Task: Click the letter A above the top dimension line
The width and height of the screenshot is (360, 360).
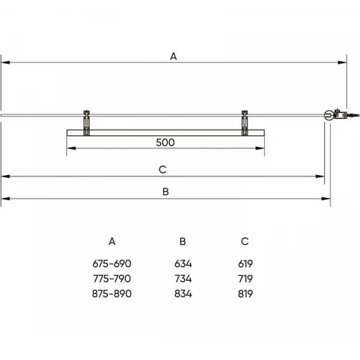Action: [174, 56]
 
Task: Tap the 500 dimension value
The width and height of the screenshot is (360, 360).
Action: [165, 143]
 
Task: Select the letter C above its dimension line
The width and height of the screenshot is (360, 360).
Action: [163, 170]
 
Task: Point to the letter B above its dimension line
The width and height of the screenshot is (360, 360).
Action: [166, 192]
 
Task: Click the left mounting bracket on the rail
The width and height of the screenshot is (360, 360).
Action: [86, 122]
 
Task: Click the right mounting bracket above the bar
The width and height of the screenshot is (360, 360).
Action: [245, 122]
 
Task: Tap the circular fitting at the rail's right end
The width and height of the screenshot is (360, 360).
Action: [328, 115]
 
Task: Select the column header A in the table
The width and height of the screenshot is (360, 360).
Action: [112, 241]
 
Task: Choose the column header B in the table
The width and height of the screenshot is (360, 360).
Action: [183, 241]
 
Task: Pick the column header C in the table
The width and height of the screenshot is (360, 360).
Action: [245, 241]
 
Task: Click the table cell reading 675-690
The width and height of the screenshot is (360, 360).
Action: [112, 264]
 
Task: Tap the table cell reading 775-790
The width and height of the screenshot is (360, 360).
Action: [112, 279]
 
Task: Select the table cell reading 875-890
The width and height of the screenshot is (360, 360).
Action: [112, 294]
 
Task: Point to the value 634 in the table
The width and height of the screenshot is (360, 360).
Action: [183, 264]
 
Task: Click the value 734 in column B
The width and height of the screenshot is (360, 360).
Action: [183, 279]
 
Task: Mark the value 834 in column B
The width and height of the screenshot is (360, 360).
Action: [183, 294]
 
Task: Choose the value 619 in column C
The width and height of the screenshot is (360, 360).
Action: [246, 264]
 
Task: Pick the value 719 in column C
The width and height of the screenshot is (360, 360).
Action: [246, 279]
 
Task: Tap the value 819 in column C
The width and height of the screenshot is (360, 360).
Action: [246, 294]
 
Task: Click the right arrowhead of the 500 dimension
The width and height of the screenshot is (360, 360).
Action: [260, 148]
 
